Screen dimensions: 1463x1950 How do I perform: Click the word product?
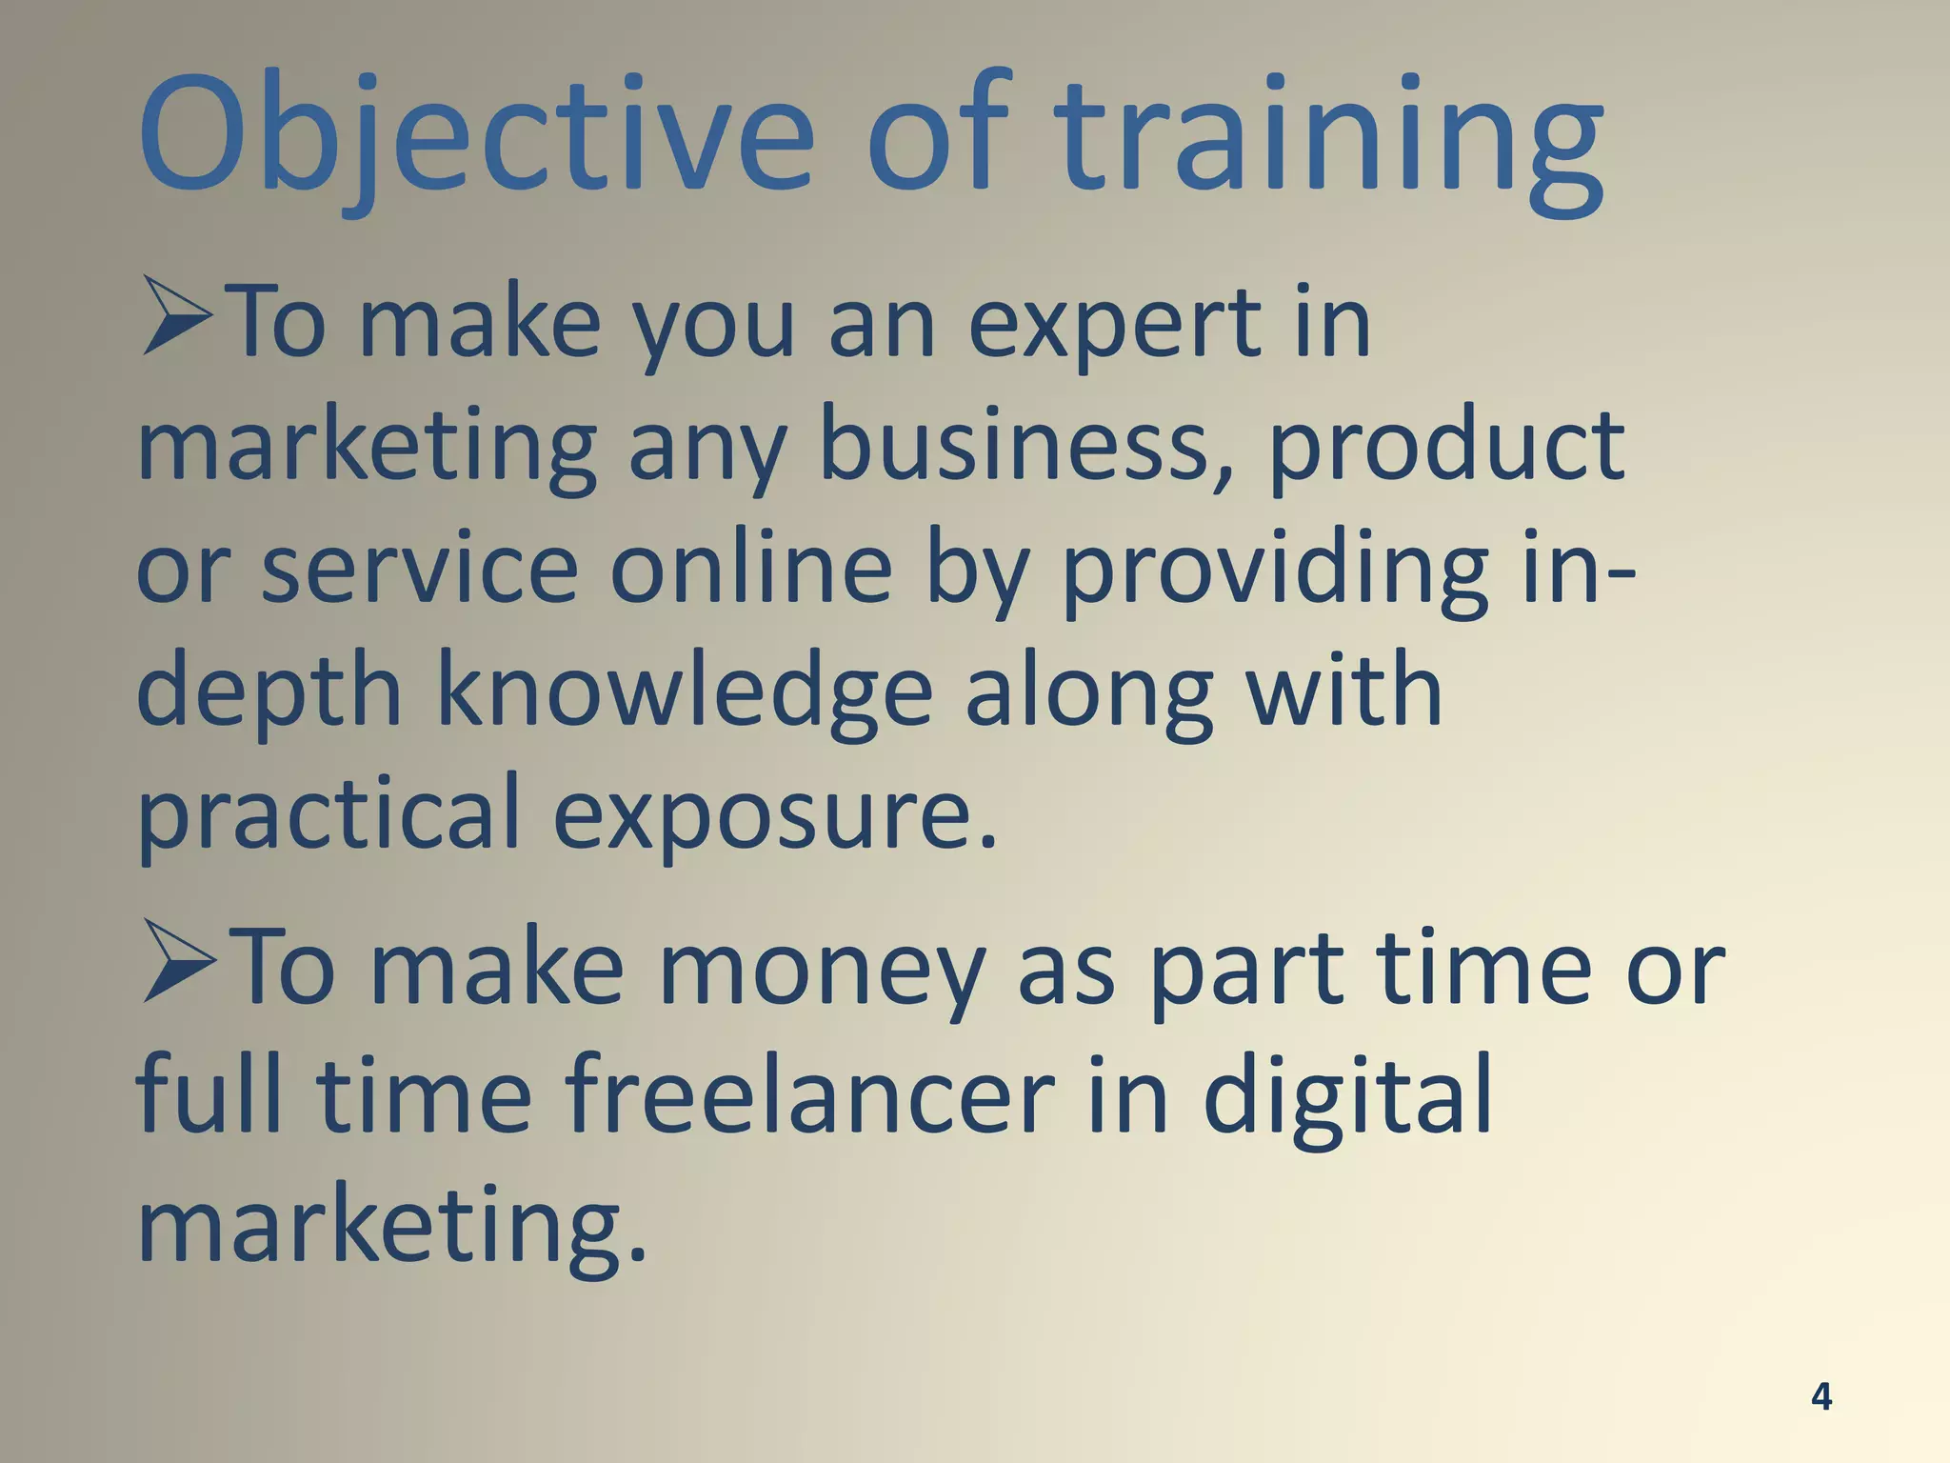[x=1447, y=448]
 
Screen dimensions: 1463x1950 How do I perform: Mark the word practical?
[x=328, y=814]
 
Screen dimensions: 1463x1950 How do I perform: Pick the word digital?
[x=1347, y=1095]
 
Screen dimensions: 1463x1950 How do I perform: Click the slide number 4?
[x=1821, y=1396]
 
